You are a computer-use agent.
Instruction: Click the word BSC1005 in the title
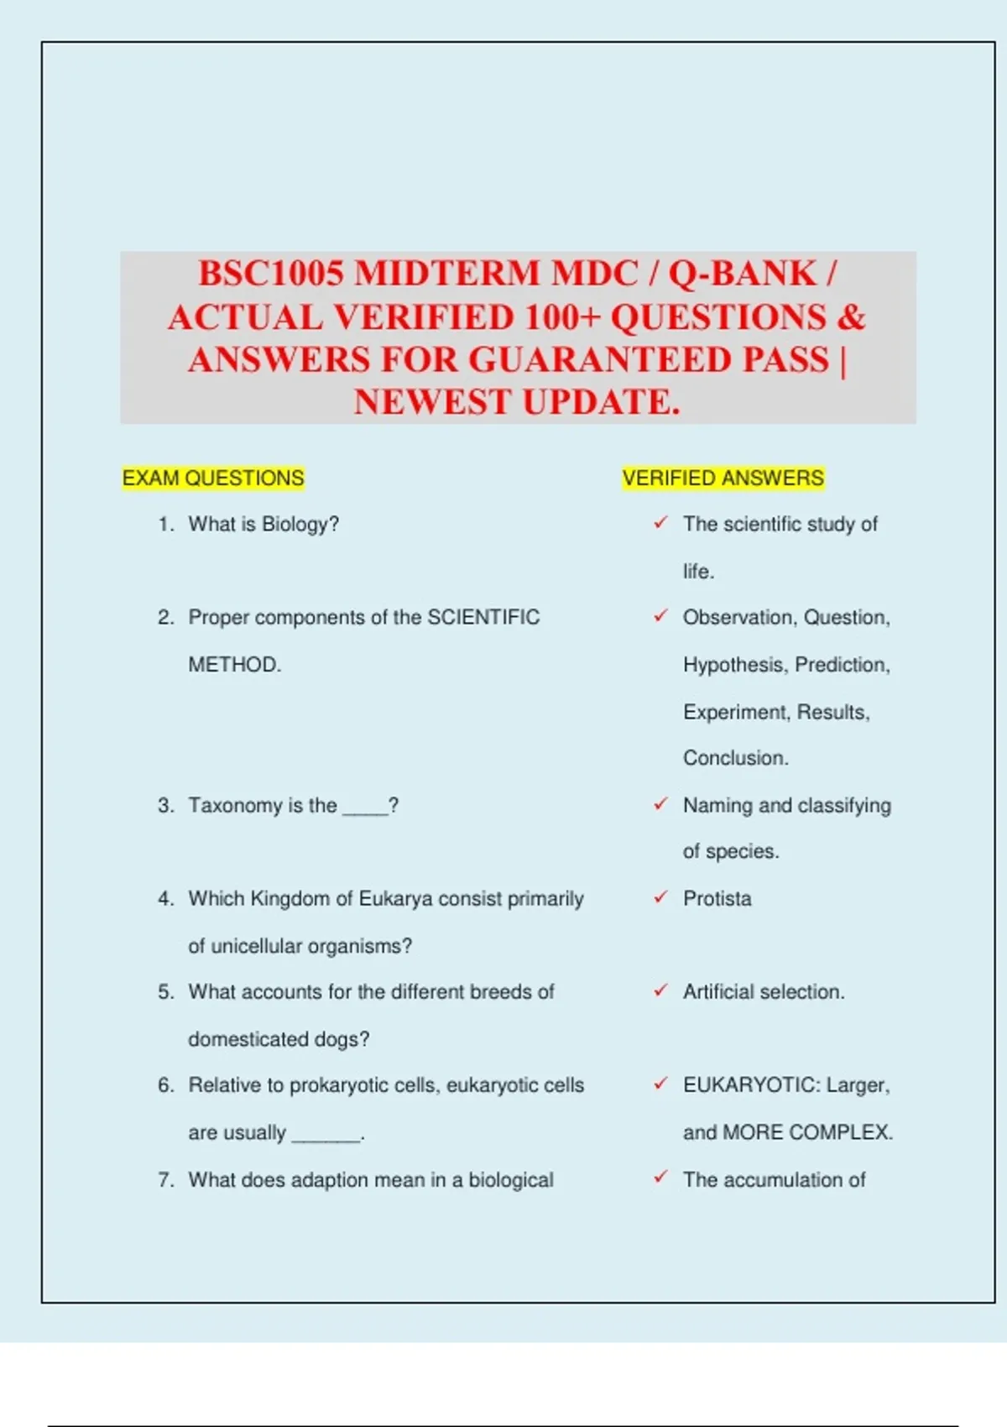271,274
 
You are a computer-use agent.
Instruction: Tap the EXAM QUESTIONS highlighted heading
213,478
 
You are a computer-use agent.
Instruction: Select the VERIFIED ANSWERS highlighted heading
723,478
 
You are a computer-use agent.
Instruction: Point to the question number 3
165,806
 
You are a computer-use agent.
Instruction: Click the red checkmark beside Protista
661,897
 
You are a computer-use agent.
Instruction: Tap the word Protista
717,899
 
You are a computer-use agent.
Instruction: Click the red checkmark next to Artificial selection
661,991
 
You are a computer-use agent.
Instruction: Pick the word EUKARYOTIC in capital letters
750,1085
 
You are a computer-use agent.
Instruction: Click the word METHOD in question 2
232,665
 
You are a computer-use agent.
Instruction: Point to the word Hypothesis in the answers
733,665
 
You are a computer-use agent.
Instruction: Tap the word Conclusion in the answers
734,758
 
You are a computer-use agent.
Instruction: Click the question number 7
165,1180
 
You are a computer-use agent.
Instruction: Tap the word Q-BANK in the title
742,274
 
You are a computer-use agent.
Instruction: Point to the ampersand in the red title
850,317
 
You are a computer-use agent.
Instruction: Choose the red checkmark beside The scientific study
661,523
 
